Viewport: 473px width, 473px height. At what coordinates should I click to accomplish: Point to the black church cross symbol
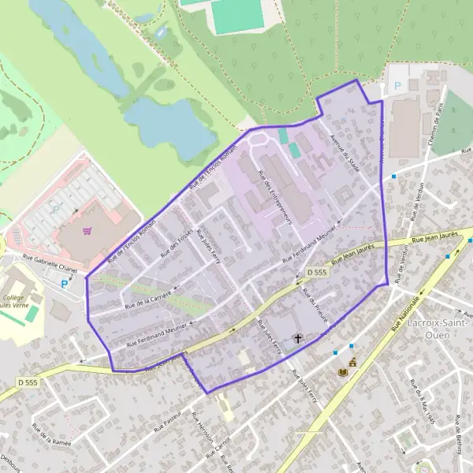pos(298,339)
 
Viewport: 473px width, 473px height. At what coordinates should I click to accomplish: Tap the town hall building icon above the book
pos(352,363)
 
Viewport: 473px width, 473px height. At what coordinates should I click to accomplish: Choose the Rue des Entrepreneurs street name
pos(276,198)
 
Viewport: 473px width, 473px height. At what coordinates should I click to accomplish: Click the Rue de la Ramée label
pos(47,434)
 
